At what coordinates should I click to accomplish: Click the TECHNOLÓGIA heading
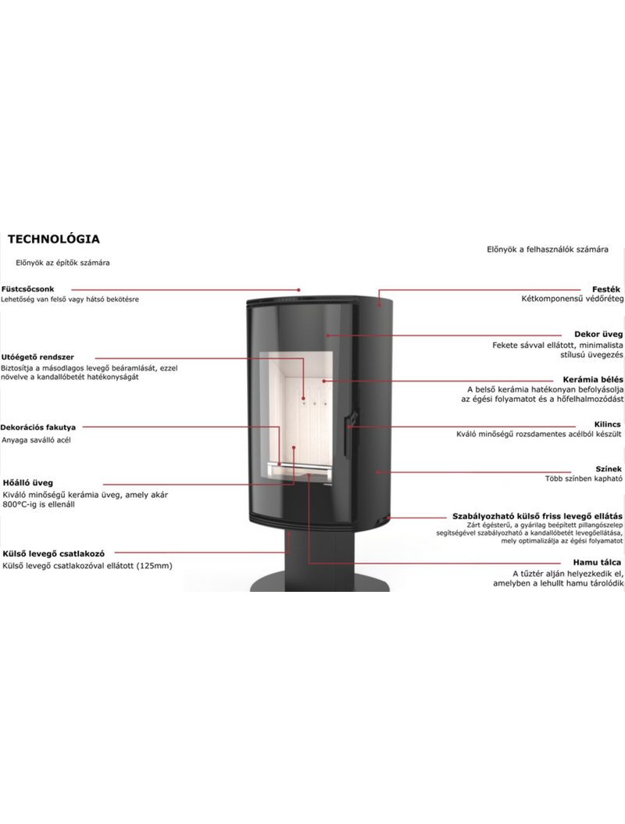click(x=54, y=239)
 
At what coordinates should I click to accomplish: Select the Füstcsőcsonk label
click(x=28, y=289)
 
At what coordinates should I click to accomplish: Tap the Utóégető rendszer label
click(x=37, y=357)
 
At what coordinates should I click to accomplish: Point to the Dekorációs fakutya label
click(x=38, y=428)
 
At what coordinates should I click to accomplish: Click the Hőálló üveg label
click(x=28, y=482)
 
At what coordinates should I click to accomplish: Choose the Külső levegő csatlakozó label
click(x=54, y=554)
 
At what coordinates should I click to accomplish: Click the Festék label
click(x=606, y=289)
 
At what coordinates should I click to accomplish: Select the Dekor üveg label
click(x=598, y=335)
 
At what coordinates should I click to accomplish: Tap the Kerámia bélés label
click(x=594, y=379)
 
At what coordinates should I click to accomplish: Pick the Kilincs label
click(x=608, y=424)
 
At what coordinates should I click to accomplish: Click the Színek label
click(x=609, y=469)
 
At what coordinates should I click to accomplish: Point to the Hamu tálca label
click(x=597, y=562)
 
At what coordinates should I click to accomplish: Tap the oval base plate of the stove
click(x=320, y=582)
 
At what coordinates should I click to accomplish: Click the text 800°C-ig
click(x=23, y=504)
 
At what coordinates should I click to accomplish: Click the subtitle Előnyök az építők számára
click(x=62, y=263)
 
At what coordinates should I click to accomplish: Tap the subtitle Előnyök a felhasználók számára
click(x=548, y=249)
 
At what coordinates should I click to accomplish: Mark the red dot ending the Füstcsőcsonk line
click(x=298, y=289)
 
